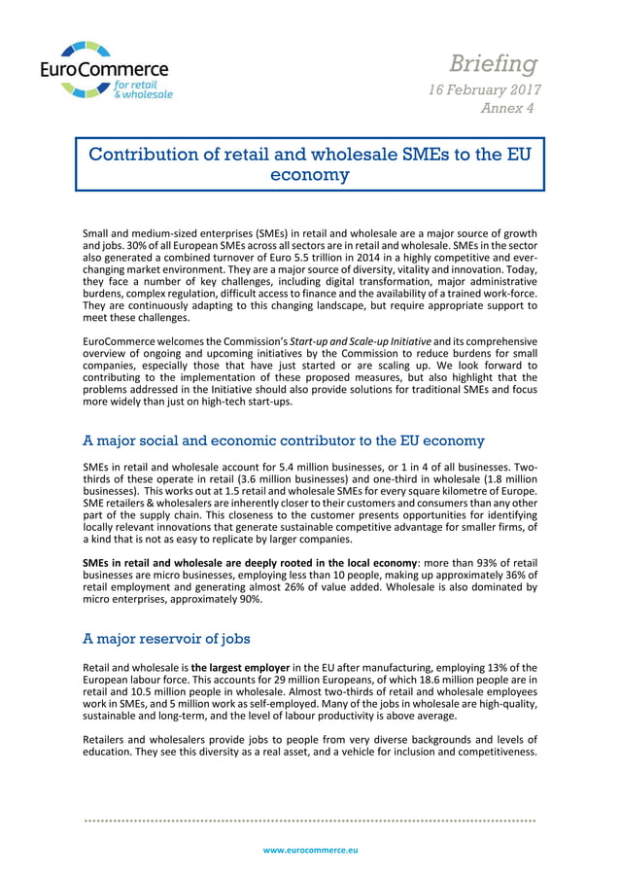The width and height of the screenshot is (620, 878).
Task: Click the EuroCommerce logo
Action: tap(105, 70)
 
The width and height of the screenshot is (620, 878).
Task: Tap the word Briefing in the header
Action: tap(493, 64)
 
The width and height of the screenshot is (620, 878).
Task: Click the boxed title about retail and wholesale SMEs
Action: tap(310, 164)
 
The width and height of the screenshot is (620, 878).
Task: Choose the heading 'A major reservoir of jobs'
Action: tap(167, 639)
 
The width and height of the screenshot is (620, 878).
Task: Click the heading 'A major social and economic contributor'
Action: tap(284, 440)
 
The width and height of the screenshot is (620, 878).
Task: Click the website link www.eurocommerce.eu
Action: tap(310, 850)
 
